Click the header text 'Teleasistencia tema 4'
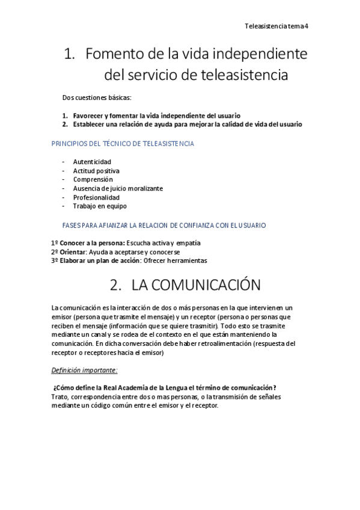277,26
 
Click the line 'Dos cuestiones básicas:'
97,97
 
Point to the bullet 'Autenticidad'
92,162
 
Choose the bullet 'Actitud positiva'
96,171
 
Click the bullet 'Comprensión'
93,179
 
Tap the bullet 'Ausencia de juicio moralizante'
118,188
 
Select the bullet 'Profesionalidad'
96,197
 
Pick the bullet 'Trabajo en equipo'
100,206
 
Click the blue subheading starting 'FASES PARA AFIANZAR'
164,225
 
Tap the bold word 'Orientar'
73,252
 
